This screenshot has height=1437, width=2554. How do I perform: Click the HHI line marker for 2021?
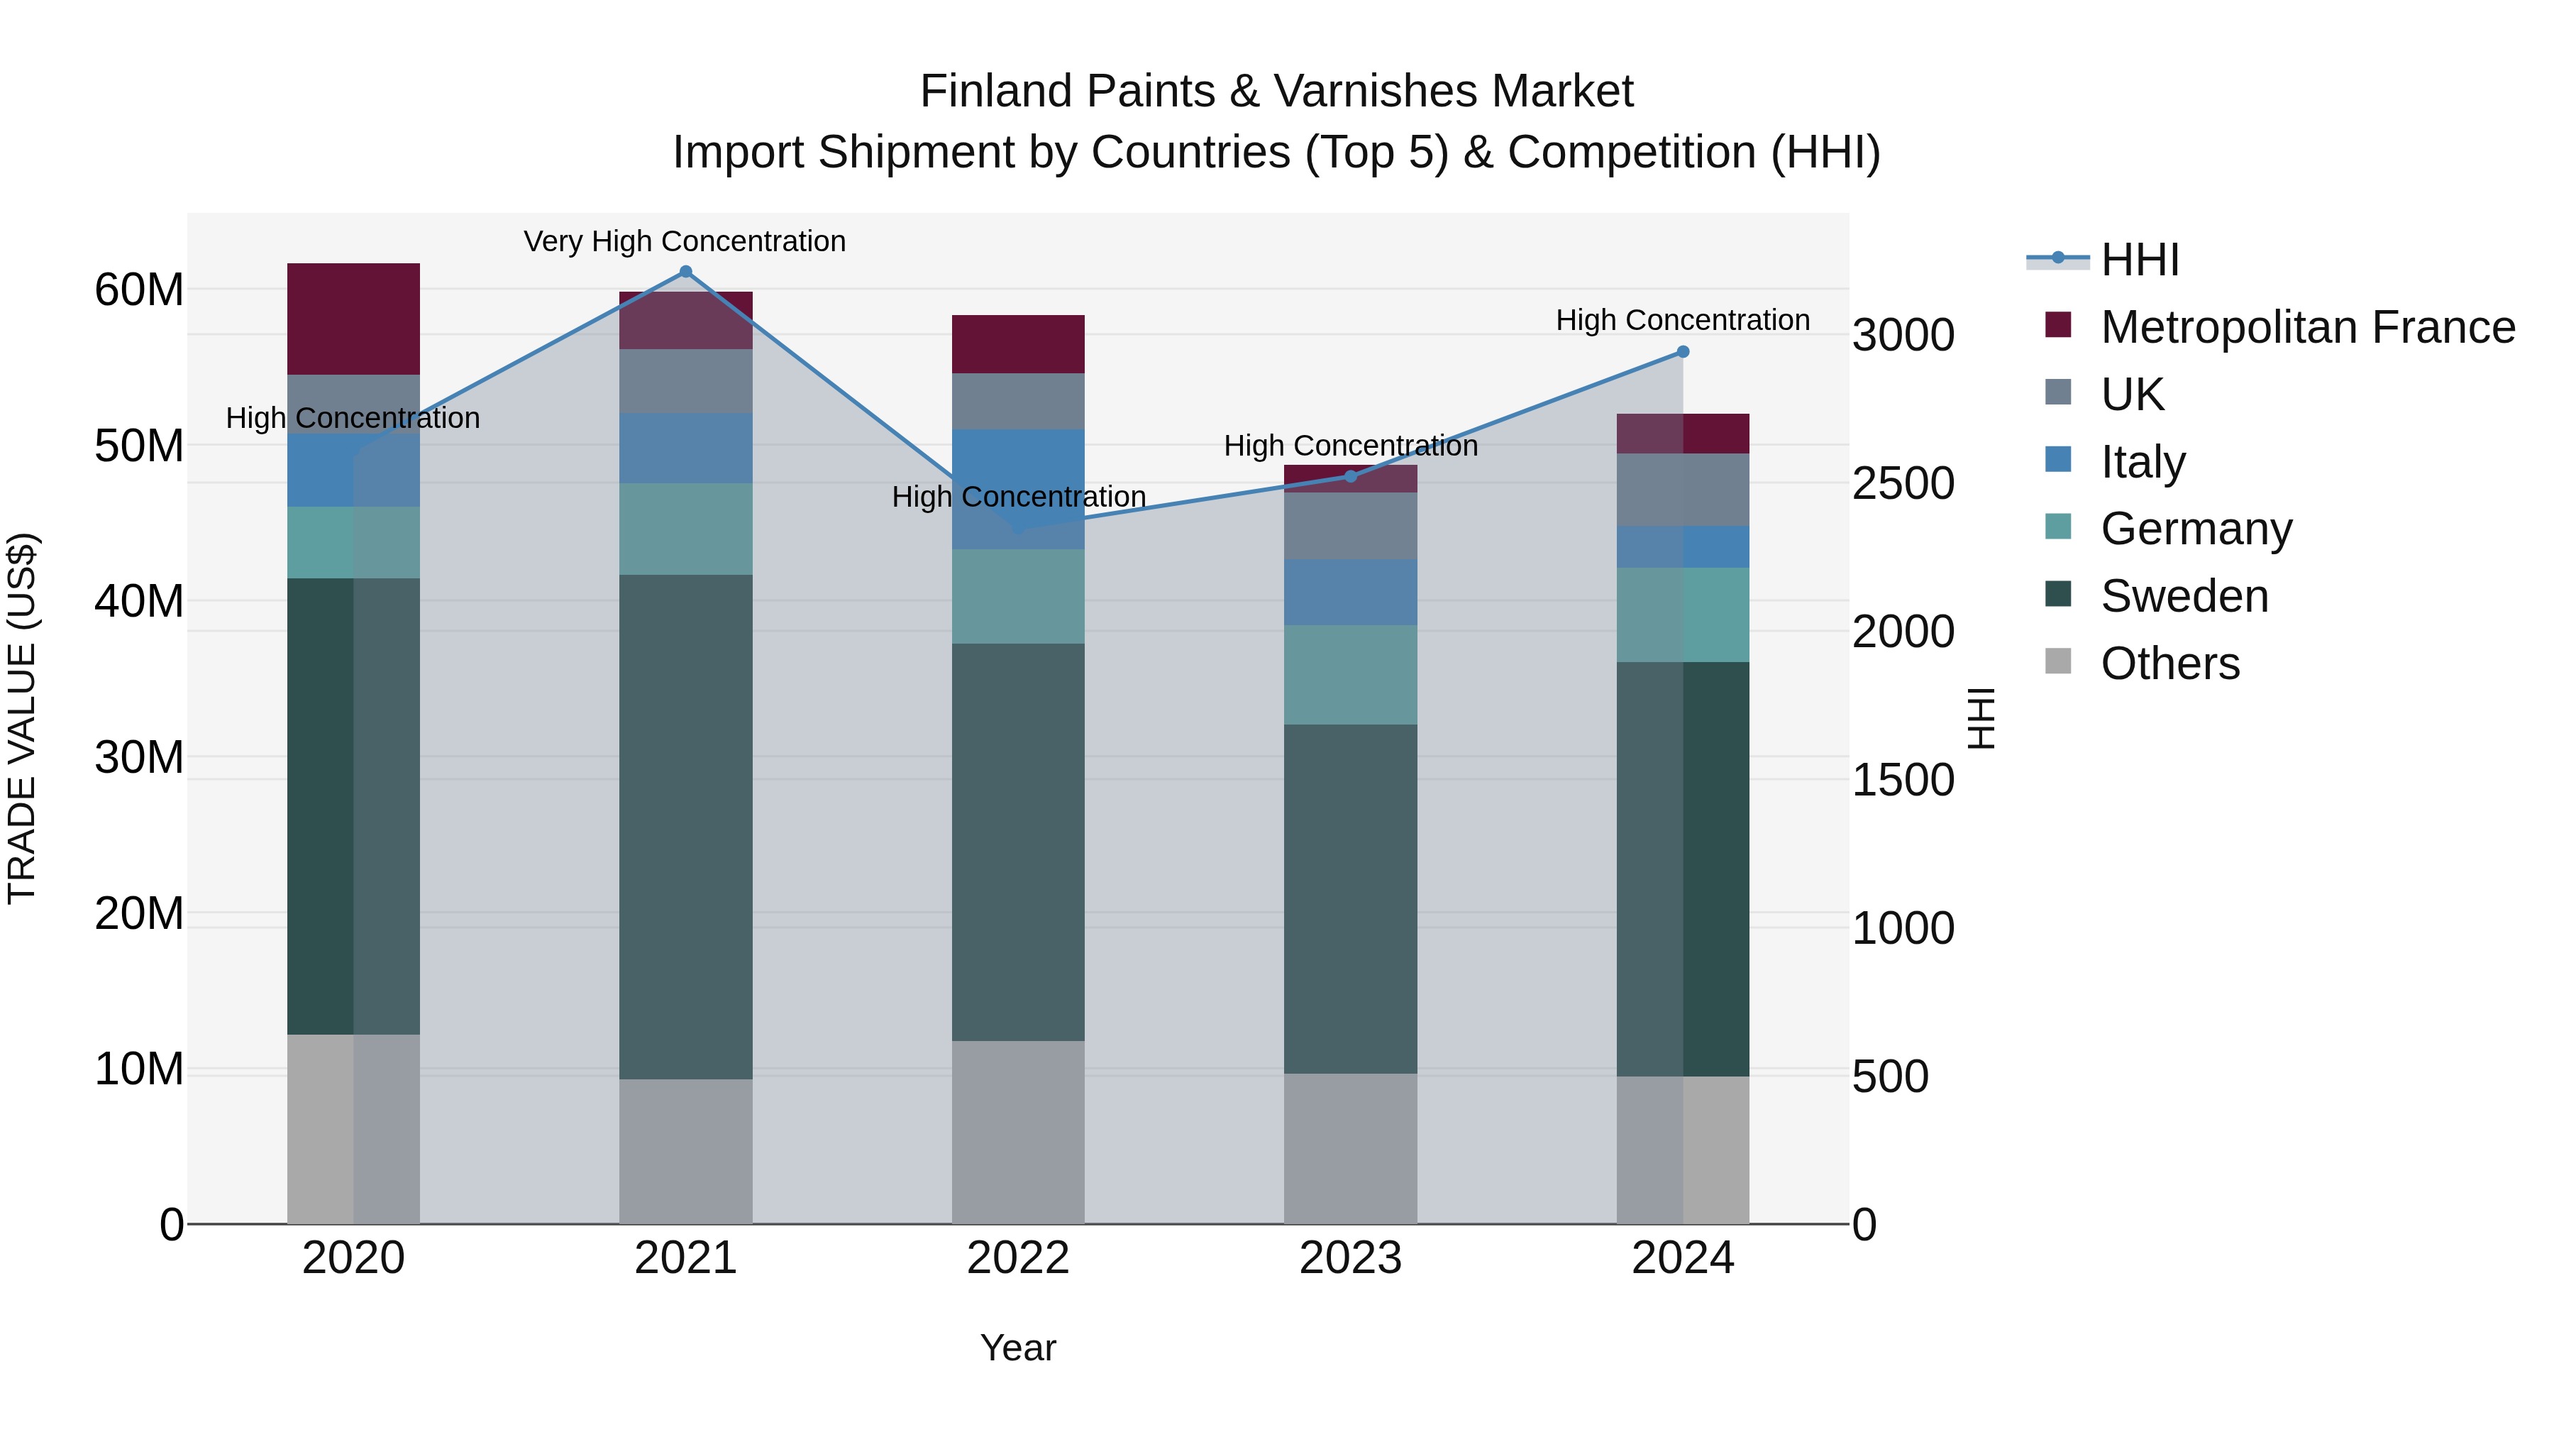pyautogui.click(x=685, y=272)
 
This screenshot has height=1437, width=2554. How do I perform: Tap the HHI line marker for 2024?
pyautogui.click(x=1683, y=352)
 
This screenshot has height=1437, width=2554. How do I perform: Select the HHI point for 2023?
pyautogui.click(x=1350, y=477)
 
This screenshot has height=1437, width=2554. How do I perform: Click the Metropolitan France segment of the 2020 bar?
pyautogui.click(x=353, y=319)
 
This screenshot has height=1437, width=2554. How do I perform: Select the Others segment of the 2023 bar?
pyautogui.click(x=1350, y=1147)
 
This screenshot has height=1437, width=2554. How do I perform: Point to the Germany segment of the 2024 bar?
pyautogui.click(x=1683, y=614)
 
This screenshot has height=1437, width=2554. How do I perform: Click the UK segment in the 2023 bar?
pyautogui.click(x=1350, y=526)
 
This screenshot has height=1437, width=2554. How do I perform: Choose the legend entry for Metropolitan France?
pyautogui.click(x=2307, y=327)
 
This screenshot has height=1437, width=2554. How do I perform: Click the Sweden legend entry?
pyautogui.click(x=2184, y=596)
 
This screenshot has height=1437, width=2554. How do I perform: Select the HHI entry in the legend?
pyautogui.click(x=2140, y=260)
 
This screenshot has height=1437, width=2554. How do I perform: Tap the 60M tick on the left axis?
pyautogui.click(x=139, y=290)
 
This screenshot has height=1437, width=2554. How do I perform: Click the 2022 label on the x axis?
pyautogui.click(x=1018, y=1258)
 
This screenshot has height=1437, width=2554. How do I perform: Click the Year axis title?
pyautogui.click(x=1018, y=1348)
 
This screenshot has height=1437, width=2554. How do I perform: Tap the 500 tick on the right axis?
pyautogui.click(x=1890, y=1077)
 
